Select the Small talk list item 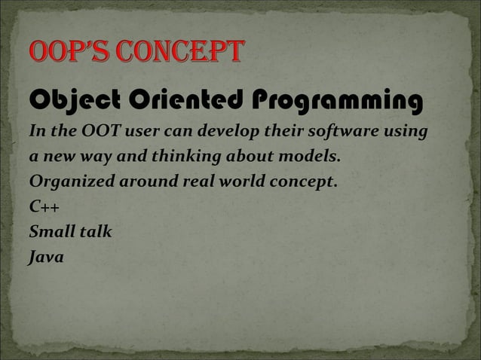(x=70, y=232)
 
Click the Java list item (x=46, y=257)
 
